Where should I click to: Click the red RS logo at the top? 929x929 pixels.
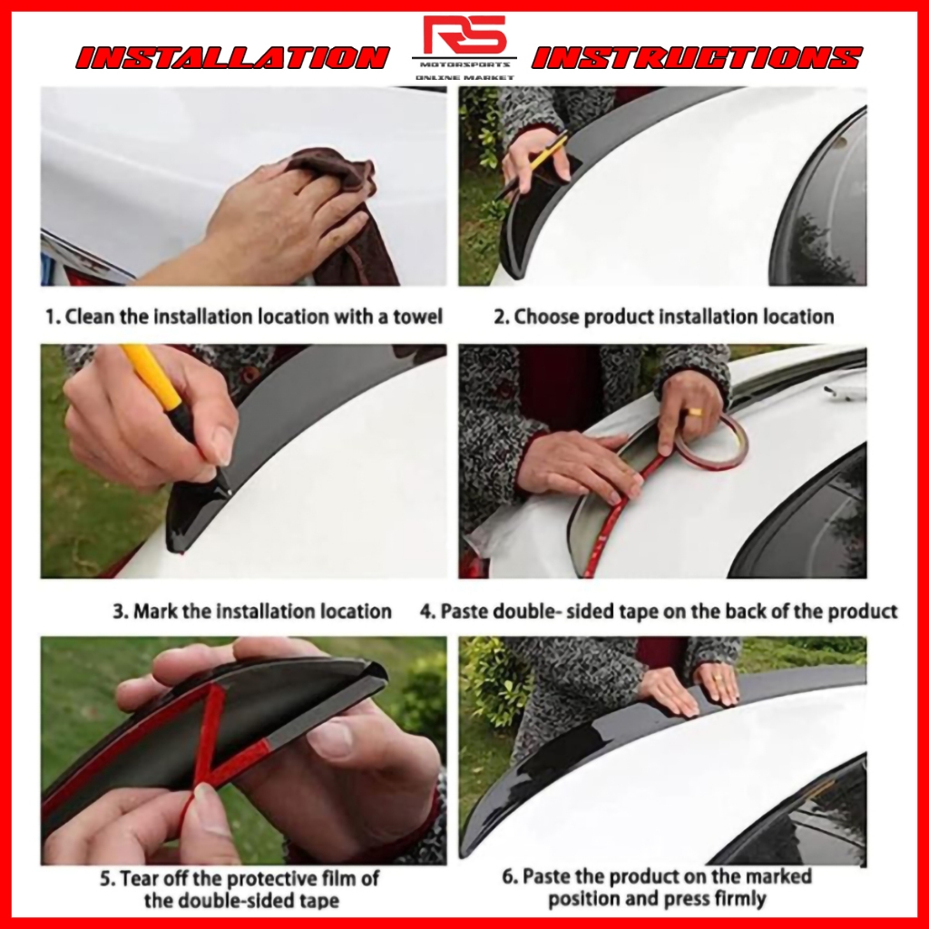pos(464,35)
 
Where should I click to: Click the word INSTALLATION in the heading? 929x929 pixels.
pos(233,58)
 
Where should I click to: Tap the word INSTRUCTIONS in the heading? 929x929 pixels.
pos(697,58)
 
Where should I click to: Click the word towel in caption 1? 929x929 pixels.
pos(418,317)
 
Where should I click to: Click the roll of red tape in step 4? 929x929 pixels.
pos(711,443)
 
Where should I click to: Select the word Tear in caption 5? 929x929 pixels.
pos(140,878)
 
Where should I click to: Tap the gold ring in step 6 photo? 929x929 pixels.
pos(719,677)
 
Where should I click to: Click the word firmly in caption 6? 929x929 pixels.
pos(738,899)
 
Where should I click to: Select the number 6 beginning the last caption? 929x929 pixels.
pos(508,876)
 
